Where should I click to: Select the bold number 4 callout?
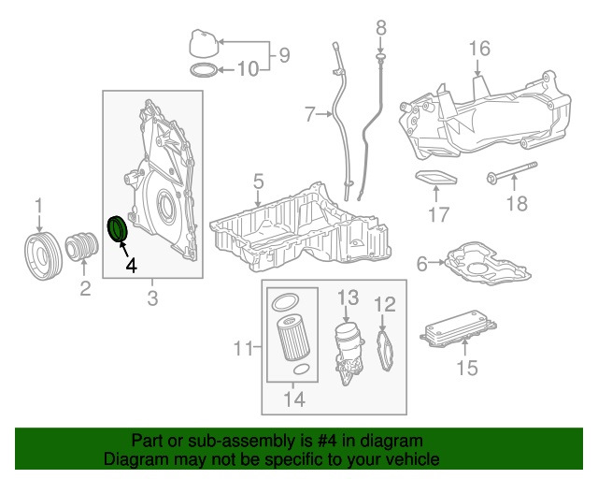[x=132, y=267]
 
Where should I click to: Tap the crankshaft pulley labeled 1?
[x=40, y=254]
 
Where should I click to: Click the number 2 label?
[x=85, y=289]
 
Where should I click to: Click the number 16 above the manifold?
[x=478, y=49]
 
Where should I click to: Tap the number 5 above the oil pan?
[x=258, y=180]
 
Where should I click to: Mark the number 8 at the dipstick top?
[x=380, y=29]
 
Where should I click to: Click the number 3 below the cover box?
[x=152, y=298]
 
